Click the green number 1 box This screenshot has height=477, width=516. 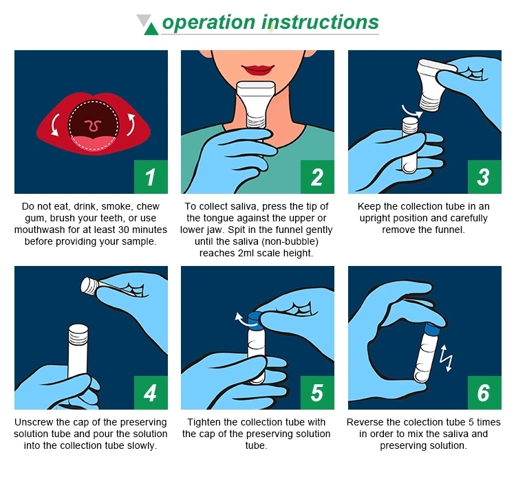click(151, 177)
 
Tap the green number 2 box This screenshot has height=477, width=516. click(318, 177)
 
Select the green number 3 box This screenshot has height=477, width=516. click(484, 177)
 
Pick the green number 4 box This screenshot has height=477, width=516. click(151, 392)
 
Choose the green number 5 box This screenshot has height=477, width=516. click(318, 392)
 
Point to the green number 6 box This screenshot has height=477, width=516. click(484, 392)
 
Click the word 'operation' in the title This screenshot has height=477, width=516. click(208, 23)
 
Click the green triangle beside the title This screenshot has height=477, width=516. click(151, 29)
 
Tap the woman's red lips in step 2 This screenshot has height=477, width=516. click(258, 69)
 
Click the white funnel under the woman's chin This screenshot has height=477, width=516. click(257, 104)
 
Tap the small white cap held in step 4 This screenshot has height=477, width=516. click(89, 285)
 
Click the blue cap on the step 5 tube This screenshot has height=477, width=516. click(254, 320)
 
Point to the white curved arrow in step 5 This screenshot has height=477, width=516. click(244, 320)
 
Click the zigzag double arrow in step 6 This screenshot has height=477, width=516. click(447, 358)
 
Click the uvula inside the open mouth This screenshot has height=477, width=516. click(93, 125)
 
